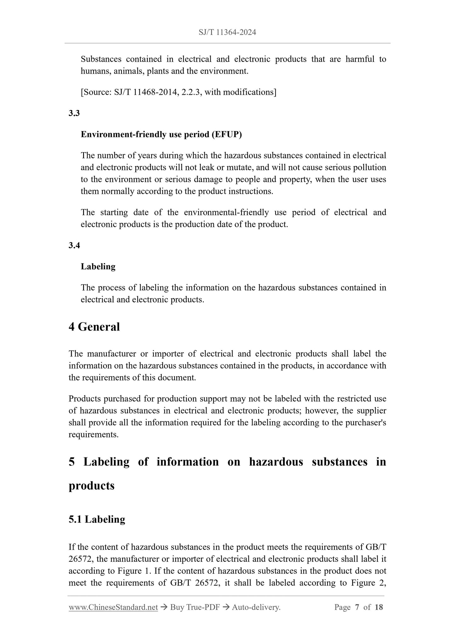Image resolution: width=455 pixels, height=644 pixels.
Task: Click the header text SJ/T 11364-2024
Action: (227, 32)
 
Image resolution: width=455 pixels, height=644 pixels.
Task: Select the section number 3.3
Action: (74, 113)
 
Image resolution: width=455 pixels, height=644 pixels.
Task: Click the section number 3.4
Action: (74, 245)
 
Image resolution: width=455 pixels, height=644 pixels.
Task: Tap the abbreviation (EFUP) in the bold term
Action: (227, 135)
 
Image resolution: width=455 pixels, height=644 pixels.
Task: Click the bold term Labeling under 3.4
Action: (98, 267)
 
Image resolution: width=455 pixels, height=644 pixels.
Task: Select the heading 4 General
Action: (94, 327)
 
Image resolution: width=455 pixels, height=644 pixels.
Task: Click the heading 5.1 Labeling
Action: (97, 519)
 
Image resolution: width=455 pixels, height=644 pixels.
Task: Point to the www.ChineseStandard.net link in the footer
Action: (113, 607)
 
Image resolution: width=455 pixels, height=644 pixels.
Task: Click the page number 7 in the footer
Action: (357, 607)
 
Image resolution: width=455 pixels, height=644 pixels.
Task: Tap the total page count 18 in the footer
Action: (379, 607)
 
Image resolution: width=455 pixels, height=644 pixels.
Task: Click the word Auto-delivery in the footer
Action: (256, 607)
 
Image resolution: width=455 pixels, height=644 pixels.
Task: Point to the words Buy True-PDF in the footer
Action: (195, 607)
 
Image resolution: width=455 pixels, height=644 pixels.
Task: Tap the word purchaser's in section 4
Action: (366, 423)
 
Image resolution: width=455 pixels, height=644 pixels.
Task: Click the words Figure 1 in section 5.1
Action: (129, 571)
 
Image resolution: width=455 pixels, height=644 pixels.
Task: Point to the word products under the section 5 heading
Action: (91, 486)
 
